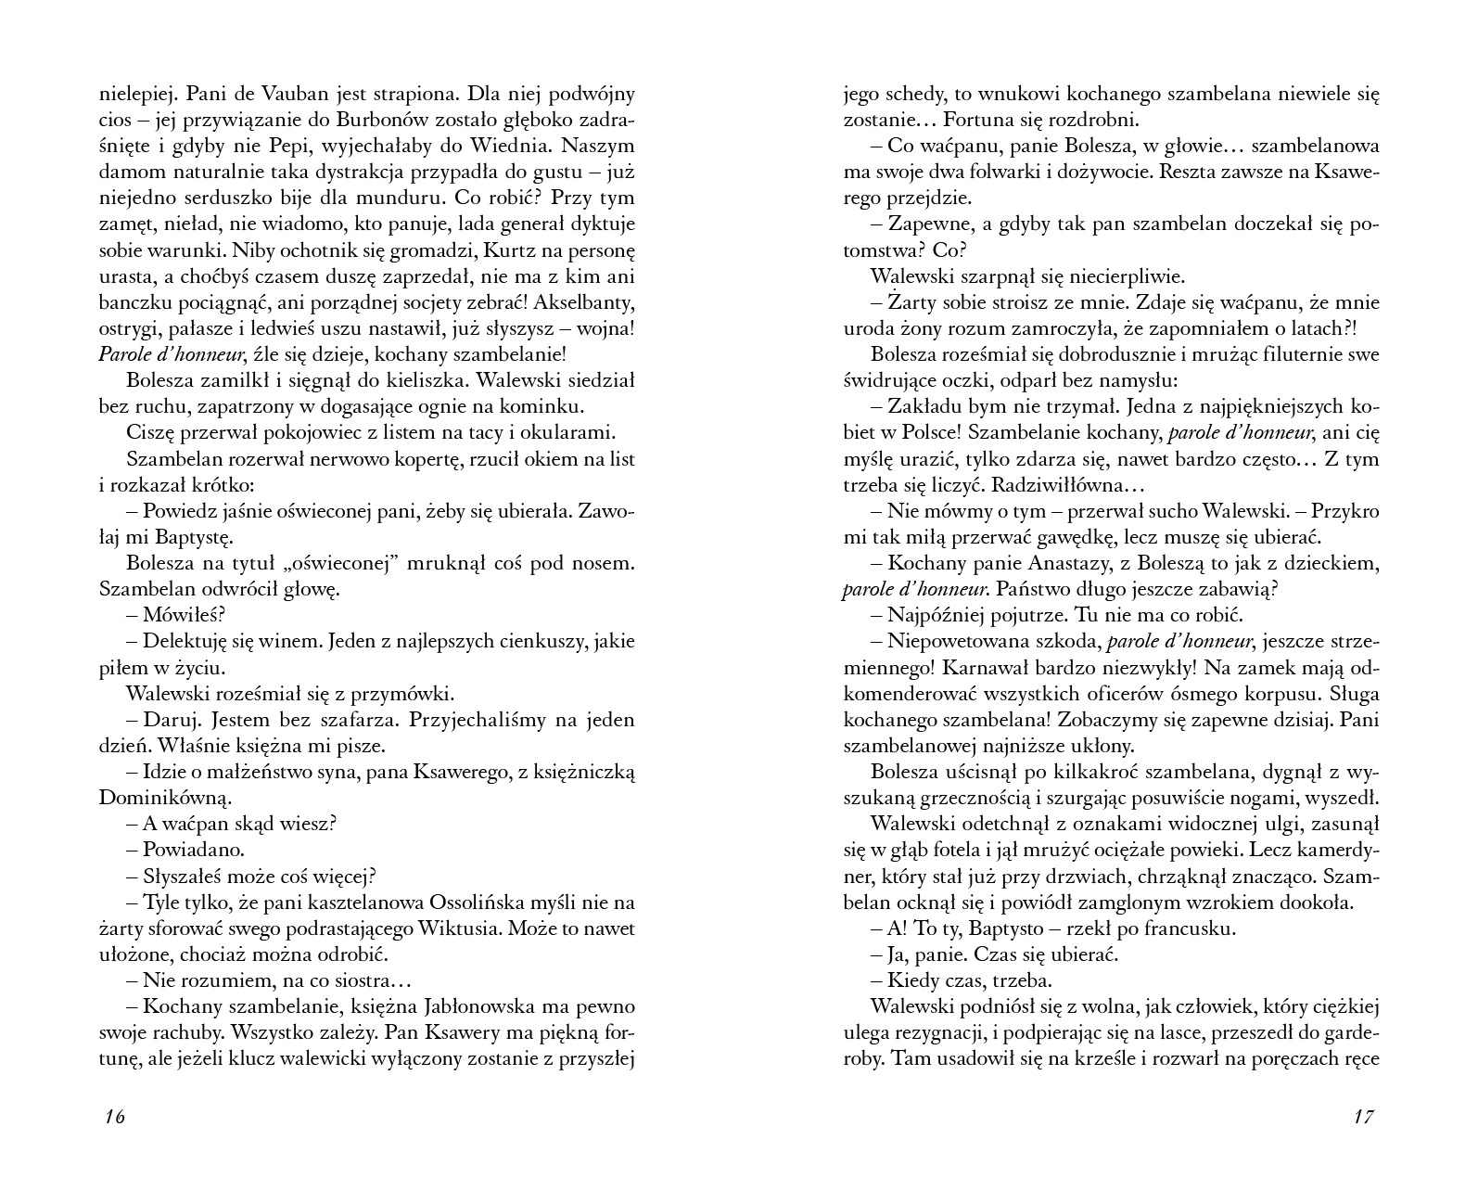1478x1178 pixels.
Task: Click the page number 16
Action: pyautogui.click(x=115, y=1117)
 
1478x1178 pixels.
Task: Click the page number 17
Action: pyautogui.click(x=1362, y=1117)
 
